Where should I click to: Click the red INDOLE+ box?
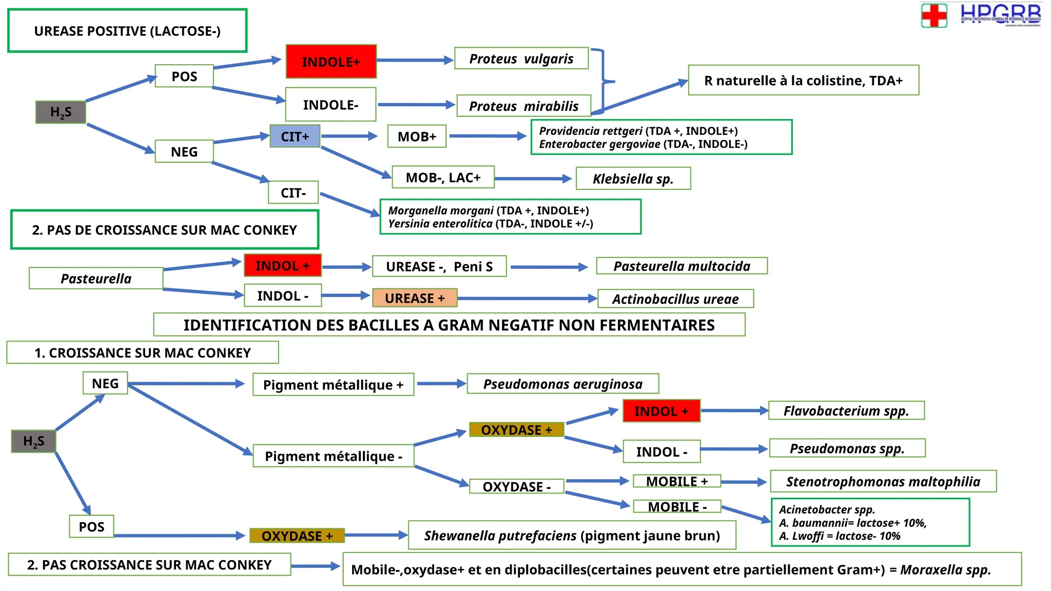331,62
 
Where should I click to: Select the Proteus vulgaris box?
521,58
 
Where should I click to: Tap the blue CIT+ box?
295,136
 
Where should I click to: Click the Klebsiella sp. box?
633,179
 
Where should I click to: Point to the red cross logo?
934,15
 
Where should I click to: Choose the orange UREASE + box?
415,298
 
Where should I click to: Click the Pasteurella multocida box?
682,266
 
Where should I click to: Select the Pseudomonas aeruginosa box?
562,384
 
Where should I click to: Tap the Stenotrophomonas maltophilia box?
883,481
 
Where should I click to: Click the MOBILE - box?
677,507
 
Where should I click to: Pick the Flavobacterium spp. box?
846,410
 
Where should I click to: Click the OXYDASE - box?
516,486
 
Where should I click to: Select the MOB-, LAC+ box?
443,178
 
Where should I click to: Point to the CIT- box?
293,192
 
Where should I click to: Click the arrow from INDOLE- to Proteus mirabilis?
416,105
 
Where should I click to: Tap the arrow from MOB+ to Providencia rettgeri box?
488,136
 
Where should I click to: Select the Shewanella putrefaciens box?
572,536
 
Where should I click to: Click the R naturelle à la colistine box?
803,80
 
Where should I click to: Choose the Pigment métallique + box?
333,385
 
